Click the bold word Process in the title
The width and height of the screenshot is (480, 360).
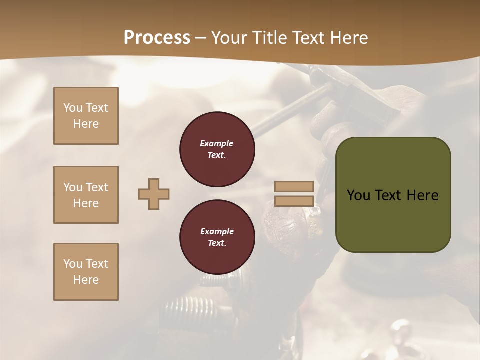click(157, 38)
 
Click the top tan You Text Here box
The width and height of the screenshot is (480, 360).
click(86, 116)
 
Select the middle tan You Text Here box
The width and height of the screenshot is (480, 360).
click(86, 195)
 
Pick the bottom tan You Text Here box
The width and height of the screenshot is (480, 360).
click(86, 272)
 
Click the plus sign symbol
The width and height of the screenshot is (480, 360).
click(154, 194)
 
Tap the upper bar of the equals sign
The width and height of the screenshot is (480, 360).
click(294, 186)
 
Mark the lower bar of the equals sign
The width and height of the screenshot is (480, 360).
click(294, 201)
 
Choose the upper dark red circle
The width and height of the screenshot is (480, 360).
click(217, 149)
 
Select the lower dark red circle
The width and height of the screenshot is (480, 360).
click(217, 237)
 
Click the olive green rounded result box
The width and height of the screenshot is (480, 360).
click(393, 195)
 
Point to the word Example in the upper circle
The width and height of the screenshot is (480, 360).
click(217, 143)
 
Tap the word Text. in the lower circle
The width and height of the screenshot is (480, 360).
click(217, 243)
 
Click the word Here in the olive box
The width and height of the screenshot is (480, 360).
click(422, 195)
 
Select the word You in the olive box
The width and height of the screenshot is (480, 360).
click(358, 195)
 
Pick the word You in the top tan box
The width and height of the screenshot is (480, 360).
click(73, 108)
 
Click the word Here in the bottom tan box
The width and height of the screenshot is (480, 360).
click(86, 280)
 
